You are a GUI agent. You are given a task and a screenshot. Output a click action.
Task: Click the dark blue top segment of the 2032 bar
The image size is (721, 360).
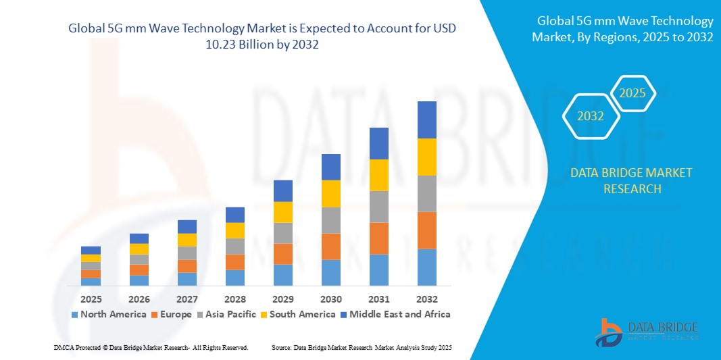[x=426, y=120]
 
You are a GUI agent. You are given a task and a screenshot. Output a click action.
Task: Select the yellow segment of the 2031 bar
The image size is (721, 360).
[x=378, y=175]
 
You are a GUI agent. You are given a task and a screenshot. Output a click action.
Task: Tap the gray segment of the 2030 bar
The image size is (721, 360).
[x=330, y=220]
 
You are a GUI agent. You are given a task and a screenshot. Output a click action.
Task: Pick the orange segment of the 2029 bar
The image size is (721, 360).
[x=282, y=254]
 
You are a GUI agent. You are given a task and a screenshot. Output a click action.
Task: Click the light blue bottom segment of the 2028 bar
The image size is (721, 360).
[x=234, y=278]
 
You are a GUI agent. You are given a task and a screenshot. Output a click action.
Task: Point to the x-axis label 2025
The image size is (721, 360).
[x=91, y=299]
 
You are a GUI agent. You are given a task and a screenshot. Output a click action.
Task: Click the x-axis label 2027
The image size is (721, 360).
[x=187, y=299]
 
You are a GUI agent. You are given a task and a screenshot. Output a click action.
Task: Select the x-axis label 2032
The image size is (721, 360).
[x=426, y=299]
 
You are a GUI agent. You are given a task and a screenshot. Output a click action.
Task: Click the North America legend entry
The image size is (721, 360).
[x=108, y=314]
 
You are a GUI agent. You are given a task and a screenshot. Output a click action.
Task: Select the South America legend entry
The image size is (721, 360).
[x=302, y=314]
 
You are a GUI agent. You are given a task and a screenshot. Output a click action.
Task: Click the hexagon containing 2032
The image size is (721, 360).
[x=591, y=116]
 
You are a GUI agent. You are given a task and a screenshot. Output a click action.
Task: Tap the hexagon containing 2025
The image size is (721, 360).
[x=632, y=93]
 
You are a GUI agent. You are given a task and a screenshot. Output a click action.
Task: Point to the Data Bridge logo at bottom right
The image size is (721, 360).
[x=646, y=331]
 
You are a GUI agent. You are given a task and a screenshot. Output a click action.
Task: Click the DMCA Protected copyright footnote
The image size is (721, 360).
[x=151, y=347]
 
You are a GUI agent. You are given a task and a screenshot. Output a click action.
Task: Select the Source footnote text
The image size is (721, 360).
[x=362, y=347]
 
